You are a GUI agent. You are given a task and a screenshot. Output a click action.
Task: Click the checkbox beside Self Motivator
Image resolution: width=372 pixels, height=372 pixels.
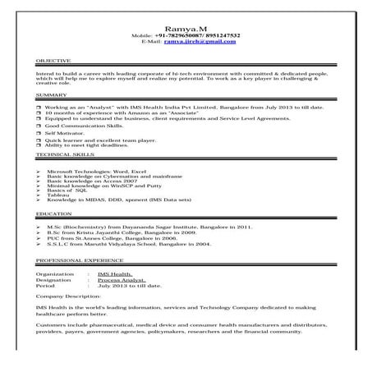click(39, 132)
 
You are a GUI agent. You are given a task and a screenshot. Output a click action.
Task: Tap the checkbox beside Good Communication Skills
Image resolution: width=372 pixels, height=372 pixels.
click(39, 125)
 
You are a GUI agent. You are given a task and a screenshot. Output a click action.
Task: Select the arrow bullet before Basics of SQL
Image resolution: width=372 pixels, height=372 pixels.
click(40, 190)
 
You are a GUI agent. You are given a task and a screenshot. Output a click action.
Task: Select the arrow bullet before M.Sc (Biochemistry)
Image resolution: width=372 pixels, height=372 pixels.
click(40, 225)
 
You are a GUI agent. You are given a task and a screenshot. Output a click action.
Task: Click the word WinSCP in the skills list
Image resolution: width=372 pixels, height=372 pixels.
click(128, 185)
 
